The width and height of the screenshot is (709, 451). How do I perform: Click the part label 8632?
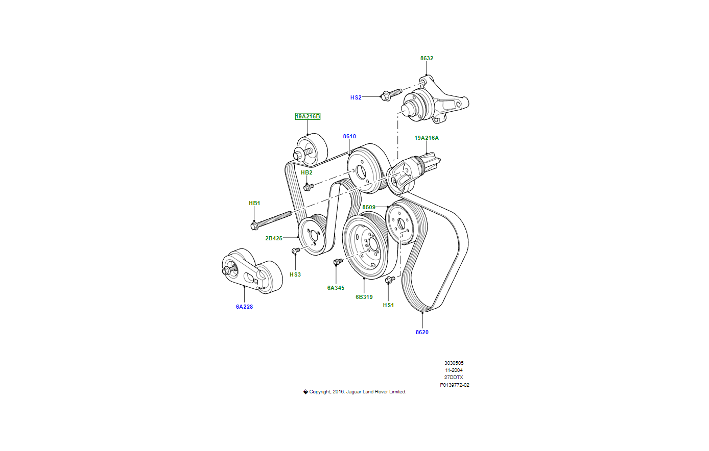click(x=427, y=58)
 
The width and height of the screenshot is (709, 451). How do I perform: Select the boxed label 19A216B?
click(x=308, y=117)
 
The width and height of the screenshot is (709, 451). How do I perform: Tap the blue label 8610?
click(x=349, y=137)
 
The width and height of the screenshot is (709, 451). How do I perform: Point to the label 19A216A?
click(x=426, y=138)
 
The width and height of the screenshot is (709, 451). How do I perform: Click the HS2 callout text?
click(x=356, y=97)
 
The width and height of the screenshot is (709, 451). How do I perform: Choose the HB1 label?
click(x=254, y=204)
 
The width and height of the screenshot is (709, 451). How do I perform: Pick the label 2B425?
click(x=274, y=238)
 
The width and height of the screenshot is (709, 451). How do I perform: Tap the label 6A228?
click(x=244, y=307)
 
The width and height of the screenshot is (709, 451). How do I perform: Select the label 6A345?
click(x=336, y=288)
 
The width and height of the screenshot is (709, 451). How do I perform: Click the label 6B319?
click(x=364, y=297)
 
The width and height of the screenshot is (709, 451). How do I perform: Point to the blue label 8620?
click(x=422, y=332)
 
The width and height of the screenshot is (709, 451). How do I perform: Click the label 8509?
click(x=369, y=207)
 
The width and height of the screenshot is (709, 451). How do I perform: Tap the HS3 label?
click(x=295, y=274)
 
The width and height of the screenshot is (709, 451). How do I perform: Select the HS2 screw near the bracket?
click(x=391, y=94)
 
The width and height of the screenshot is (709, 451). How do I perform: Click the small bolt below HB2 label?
click(x=308, y=187)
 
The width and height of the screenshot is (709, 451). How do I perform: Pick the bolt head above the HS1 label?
click(x=389, y=279)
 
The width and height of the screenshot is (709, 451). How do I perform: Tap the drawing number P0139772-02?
click(x=454, y=385)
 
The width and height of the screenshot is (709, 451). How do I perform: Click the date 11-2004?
click(x=454, y=370)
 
